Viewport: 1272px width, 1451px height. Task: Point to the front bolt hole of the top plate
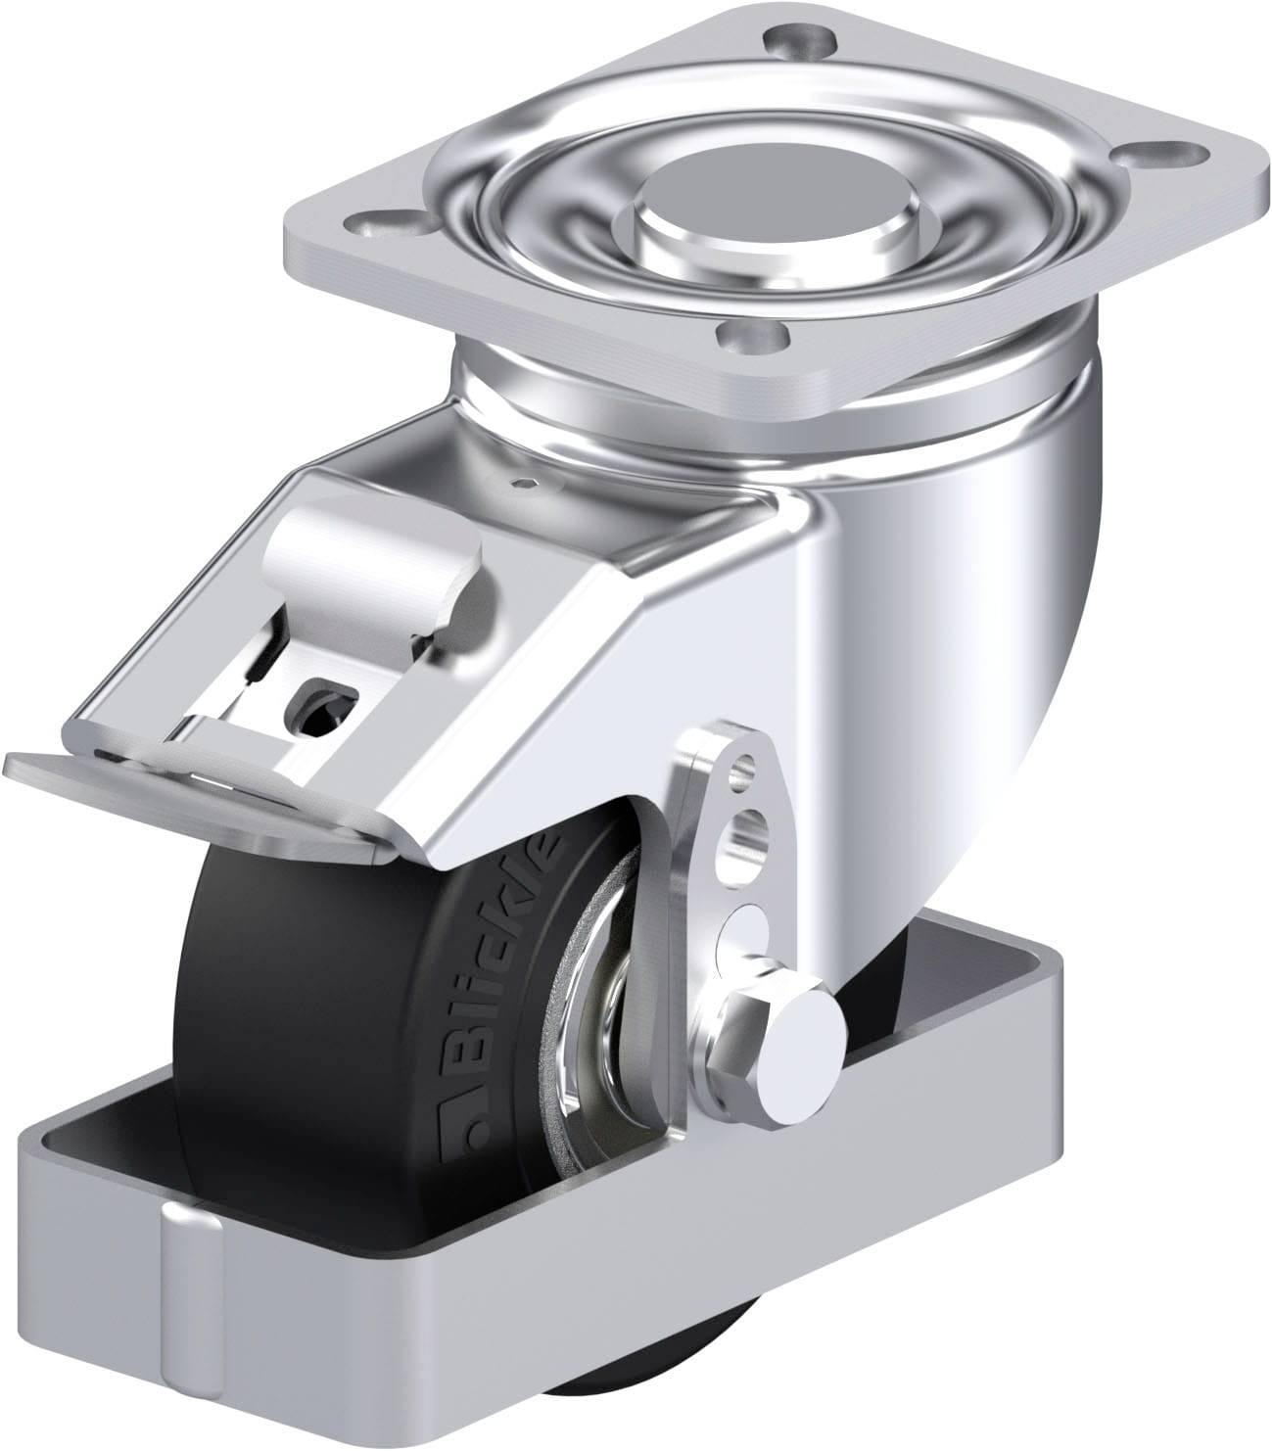tap(752, 339)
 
